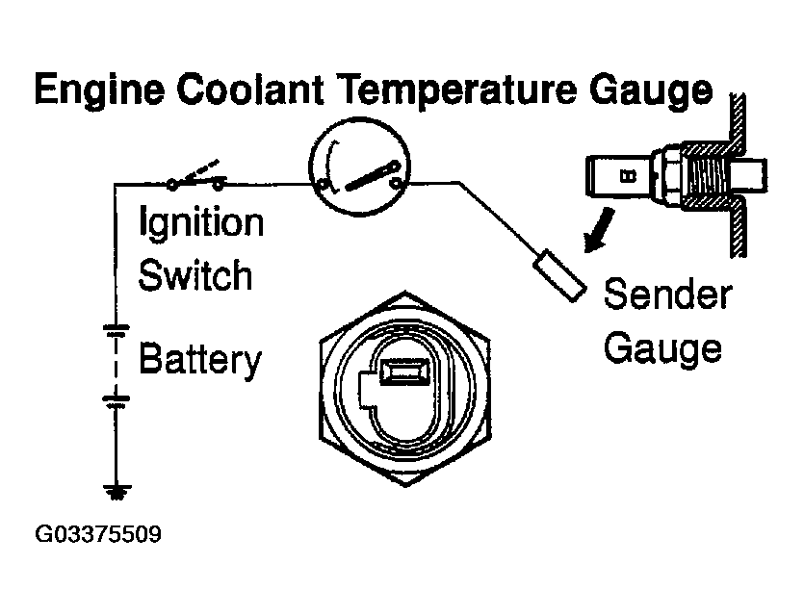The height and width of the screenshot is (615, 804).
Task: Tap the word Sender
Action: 667,294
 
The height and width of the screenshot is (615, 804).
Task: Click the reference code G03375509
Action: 98,532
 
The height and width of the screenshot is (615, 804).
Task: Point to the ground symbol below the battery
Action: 117,493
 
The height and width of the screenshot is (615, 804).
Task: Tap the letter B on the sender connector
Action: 627,176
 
